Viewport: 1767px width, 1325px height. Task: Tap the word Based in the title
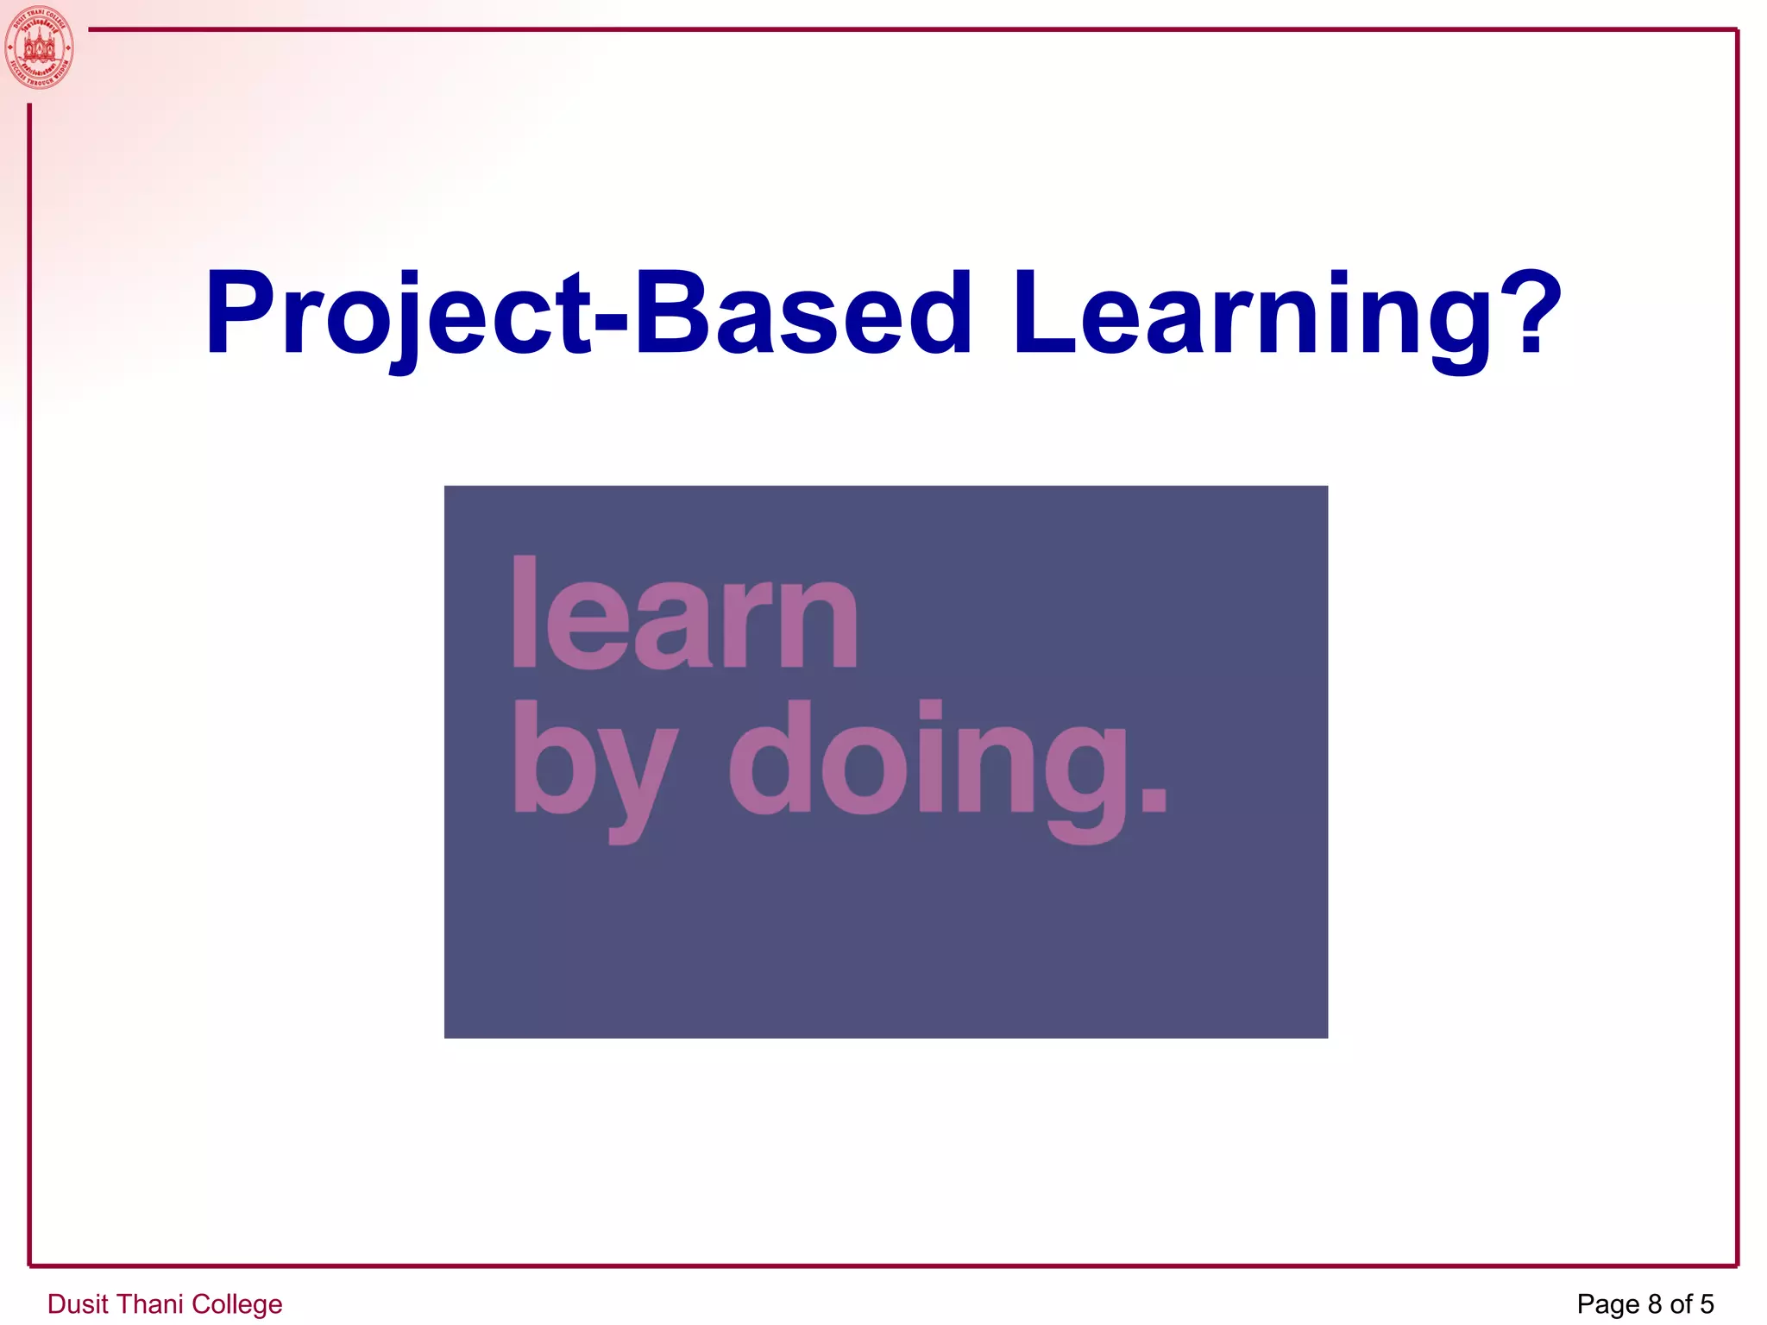802,314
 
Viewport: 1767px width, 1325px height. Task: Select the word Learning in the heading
1251,314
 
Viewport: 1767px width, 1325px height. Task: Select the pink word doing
928,763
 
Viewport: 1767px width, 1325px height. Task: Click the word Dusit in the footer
77,1303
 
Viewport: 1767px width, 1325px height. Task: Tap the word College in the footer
236,1303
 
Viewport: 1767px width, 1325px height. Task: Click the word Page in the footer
1607,1303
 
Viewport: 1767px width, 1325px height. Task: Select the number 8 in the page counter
1654,1303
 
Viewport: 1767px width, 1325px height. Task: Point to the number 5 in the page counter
1707,1303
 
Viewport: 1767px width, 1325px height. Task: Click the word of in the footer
1681,1303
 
